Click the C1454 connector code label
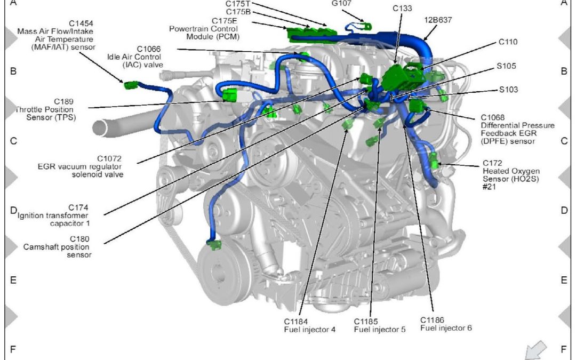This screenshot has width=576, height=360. pyautogui.click(x=81, y=23)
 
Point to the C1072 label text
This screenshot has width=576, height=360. pyautogui.click(x=109, y=158)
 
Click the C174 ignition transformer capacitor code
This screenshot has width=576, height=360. pyautogui.click(x=78, y=207)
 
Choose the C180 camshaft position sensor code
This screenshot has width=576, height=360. pyautogui.click(x=78, y=239)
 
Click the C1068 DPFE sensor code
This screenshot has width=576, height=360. pyautogui.click(x=493, y=117)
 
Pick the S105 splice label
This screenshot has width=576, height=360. pyautogui.click(x=507, y=66)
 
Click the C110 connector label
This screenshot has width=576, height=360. pyautogui.click(x=508, y=41)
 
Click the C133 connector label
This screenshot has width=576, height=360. pyautogui.click(x=403, y=8)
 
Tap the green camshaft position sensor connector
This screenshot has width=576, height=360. pyautogui.click(x=214, y=245)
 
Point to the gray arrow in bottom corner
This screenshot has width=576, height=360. pyautogui.click(x=535, y=350)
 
